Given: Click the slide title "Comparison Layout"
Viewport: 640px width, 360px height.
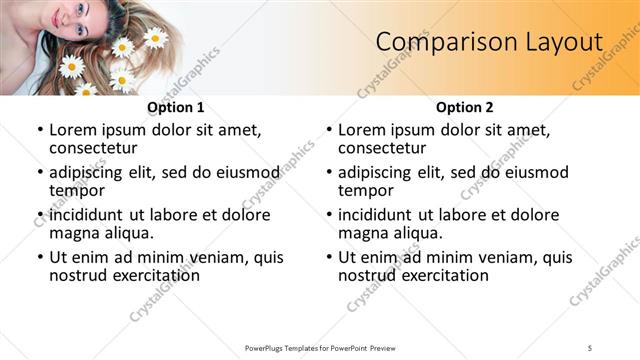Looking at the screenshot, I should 489,42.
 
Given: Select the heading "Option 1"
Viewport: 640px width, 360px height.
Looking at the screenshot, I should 175,108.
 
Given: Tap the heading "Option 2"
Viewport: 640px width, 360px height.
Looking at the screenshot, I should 464,108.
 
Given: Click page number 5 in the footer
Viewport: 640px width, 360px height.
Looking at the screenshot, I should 590,347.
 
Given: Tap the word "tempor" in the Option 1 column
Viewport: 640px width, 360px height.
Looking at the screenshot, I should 77,190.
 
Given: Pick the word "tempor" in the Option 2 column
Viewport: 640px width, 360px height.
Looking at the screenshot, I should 366,190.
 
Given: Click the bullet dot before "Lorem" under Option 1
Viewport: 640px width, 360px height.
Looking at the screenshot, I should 40,131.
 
